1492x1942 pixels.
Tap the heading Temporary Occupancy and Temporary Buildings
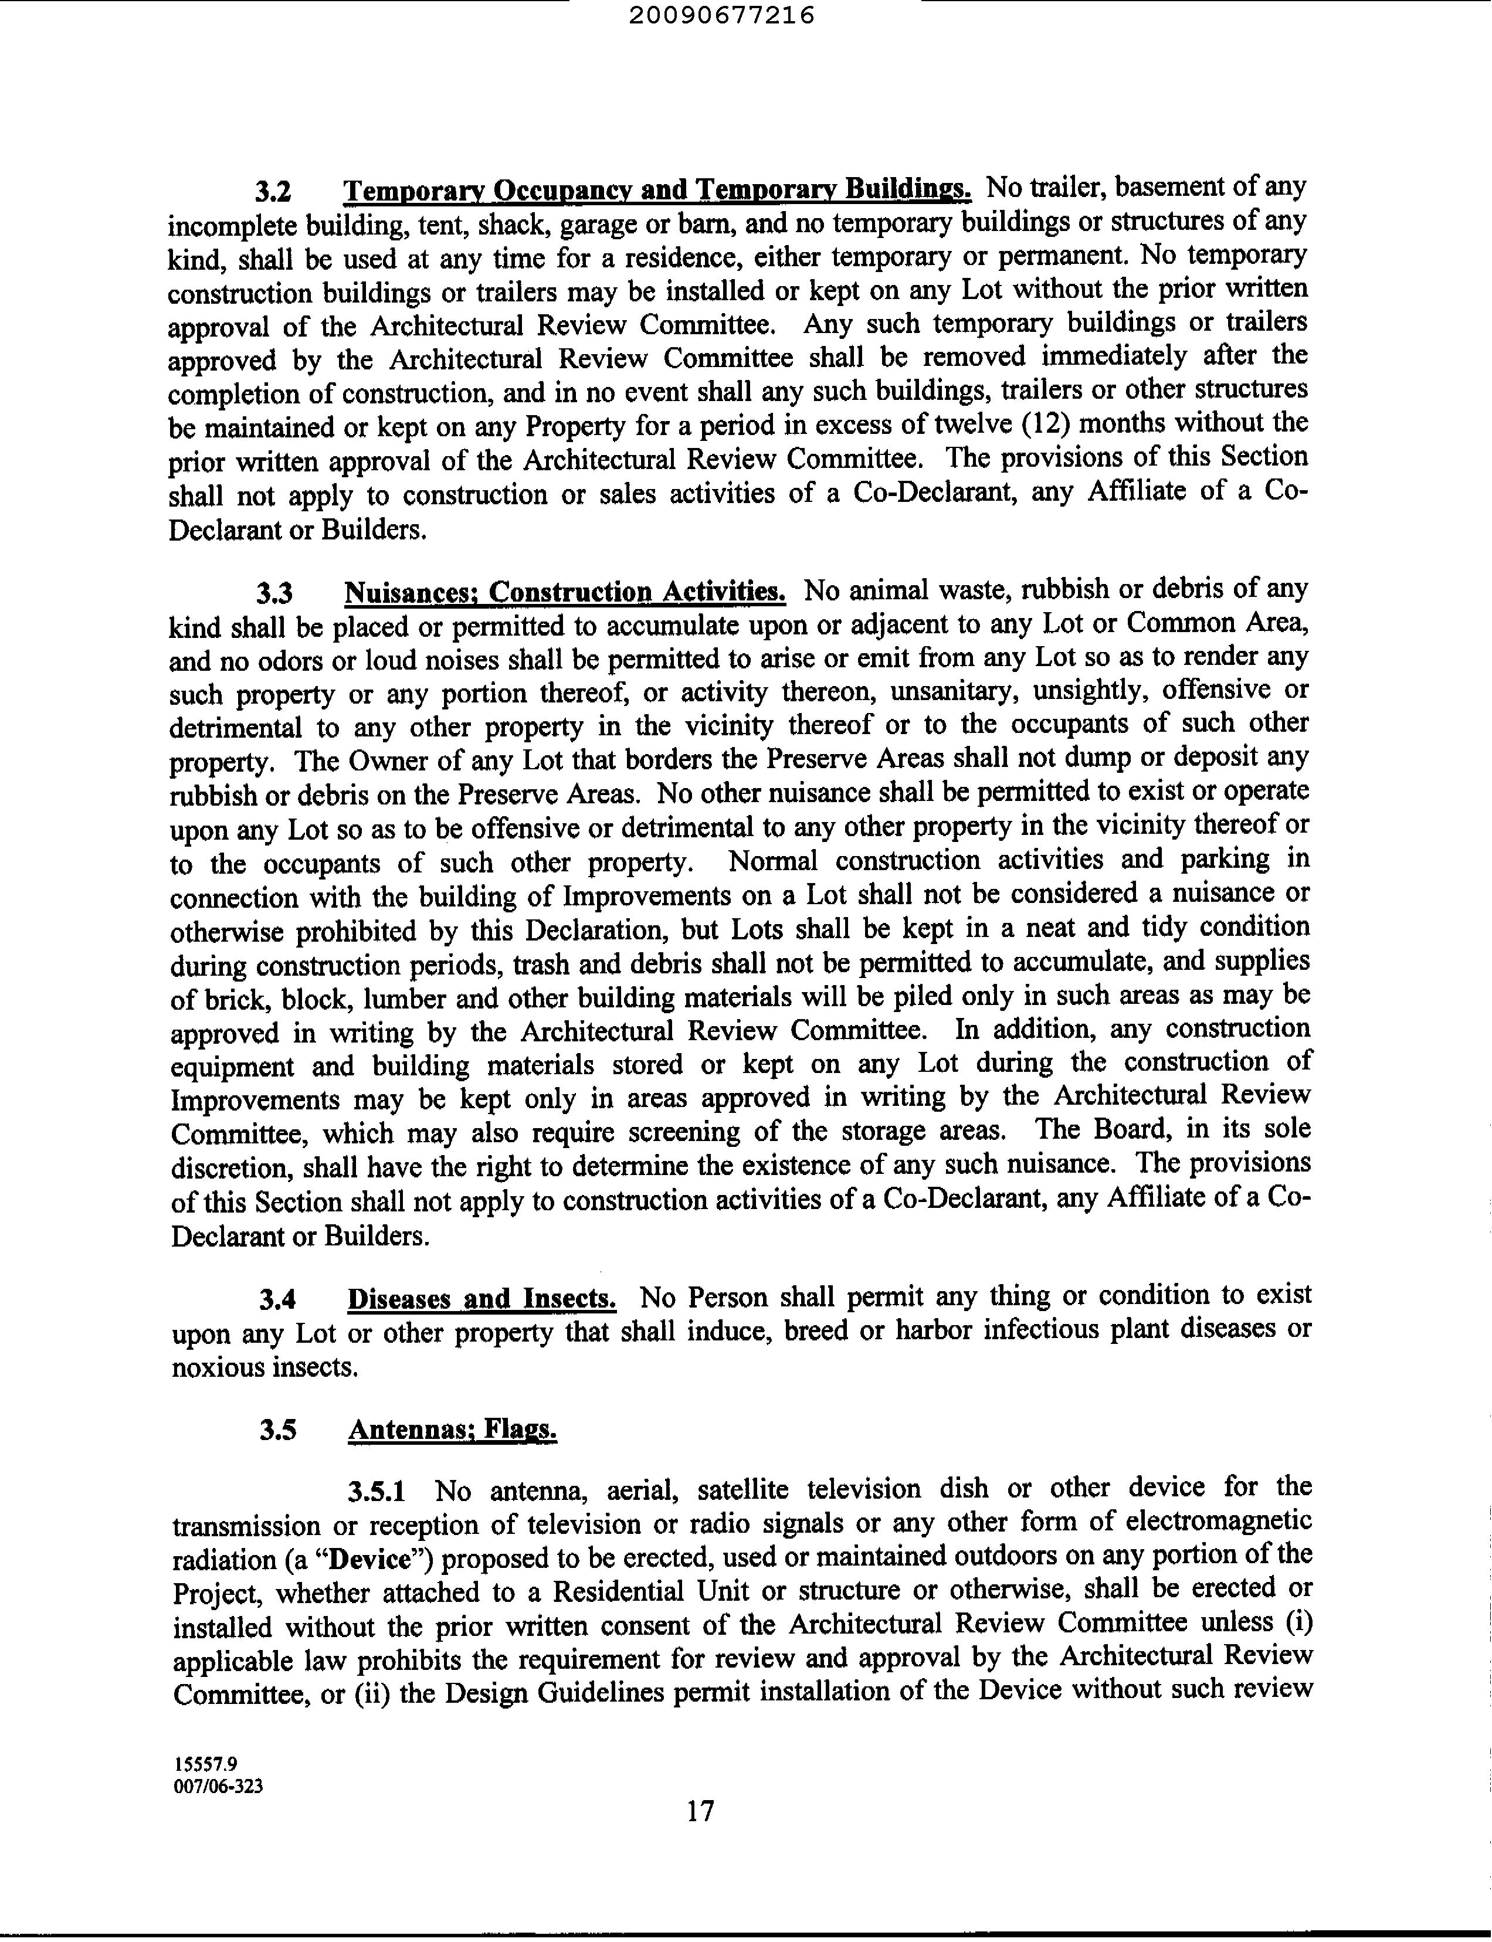(x=657, y=190)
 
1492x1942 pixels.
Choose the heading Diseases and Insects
(x=482, y=1299)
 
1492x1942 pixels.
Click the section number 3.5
(x=278, y=1431)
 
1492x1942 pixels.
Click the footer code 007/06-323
(x=219, y=1787)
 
